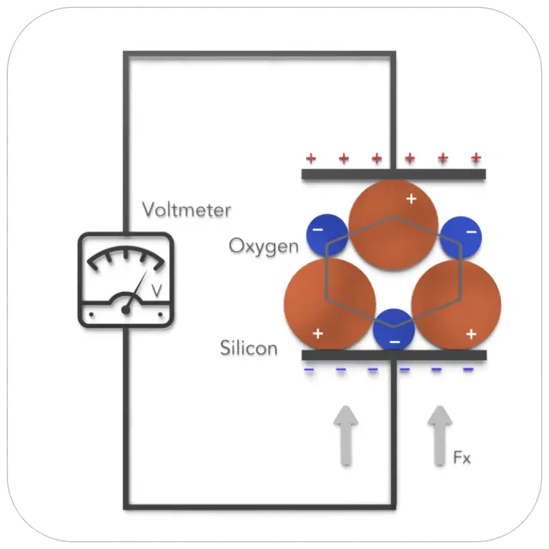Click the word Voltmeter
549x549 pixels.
pyautogui.click(x=186, y=210)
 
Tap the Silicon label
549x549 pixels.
pyautogui.click(x=249, y=349)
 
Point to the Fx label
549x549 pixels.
pyautogui.click(x=463, y=457)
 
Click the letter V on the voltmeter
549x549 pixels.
pyautogui.click(x=157, y=291)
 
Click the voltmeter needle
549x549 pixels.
pyautogui.click(x=136, y=294)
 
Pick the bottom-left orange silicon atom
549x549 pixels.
pyautogui.click(x=330, y=304)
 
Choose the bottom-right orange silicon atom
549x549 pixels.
pyautogui.click(x=456, y=304)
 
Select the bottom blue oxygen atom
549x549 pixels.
pyautogui.click(x=394, y=330)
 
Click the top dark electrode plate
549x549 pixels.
pyautogui.click(x=393, y=174)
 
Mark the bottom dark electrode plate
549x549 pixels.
pyautogui.click(x=393, y=355)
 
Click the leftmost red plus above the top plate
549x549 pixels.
pyautogui.click(x=310, y=158)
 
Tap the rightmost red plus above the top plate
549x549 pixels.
pyautogui.click(x=476, y=158)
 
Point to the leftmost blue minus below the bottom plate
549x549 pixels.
pyautogui.click(x=309, y=370)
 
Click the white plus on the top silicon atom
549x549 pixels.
pyautogui.click(x=411, y=198)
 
